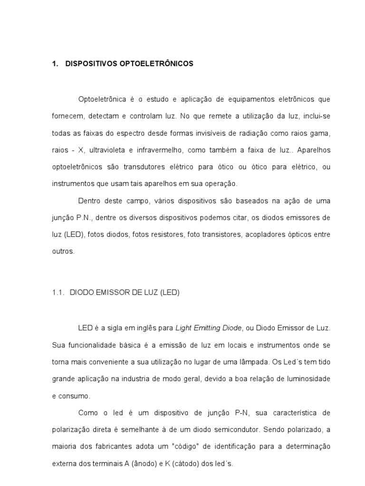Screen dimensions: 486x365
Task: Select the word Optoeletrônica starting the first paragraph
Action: tap(102, 99)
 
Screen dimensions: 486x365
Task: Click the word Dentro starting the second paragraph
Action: tap(89, 201)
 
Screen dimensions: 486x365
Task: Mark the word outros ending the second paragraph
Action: tap(63, 252)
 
